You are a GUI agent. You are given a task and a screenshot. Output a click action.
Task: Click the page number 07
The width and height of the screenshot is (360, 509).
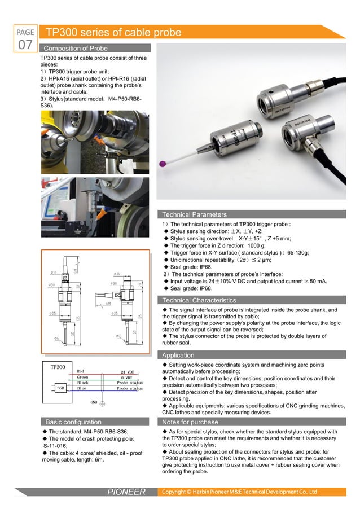pos(25,44)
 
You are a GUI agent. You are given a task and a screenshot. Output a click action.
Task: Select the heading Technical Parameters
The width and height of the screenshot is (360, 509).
pos(195,214)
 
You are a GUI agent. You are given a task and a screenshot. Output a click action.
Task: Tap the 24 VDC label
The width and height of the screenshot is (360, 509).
pos(130,371)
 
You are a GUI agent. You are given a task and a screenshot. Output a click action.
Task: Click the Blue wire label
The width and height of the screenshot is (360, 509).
pos(82,388)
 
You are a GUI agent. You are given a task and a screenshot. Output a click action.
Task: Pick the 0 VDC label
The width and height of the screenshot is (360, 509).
pos(130,377)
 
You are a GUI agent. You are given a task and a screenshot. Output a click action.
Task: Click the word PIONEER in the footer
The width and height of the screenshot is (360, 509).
pos(126,492)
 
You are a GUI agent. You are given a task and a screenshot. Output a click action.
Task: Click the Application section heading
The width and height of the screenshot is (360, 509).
pos(178,355)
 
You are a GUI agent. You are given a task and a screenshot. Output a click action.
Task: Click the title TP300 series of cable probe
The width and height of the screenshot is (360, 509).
pos(113,33)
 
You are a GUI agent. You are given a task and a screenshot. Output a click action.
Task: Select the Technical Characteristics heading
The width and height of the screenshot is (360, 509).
pos(199,300)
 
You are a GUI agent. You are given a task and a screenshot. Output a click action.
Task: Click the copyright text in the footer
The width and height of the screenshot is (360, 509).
pos(240,492)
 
